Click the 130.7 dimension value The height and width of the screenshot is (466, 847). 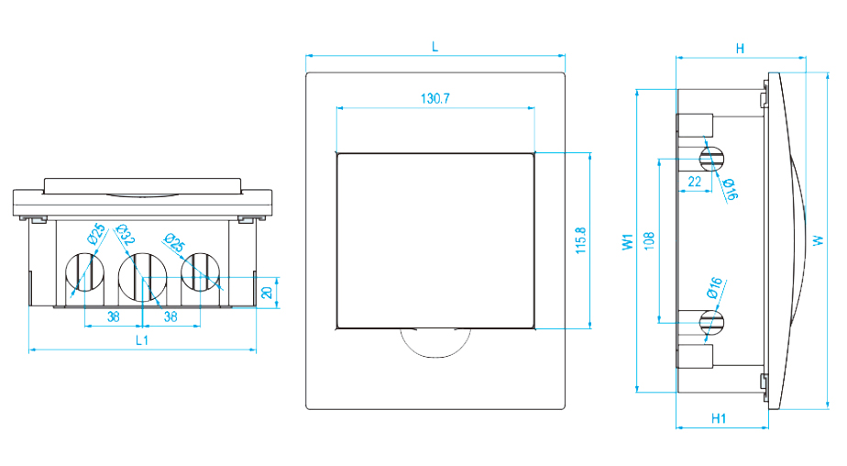click(x=434, y=98)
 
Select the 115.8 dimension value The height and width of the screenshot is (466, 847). click(x=580, y=240)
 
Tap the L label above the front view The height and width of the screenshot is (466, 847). click(x=434, y=47)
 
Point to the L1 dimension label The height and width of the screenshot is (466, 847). click(x=141, y=340)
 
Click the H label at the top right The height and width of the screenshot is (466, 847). click(x=740, y=49)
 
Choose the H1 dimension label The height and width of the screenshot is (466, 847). click(x=719, y=418)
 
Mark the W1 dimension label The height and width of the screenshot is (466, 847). click(x=627, y=241)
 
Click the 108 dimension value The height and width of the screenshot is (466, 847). click(x=649, y=240)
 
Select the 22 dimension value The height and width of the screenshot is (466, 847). click(x=694, y=182)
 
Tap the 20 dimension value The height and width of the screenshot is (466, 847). click(x=267, y=293)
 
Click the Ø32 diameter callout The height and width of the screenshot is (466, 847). click(x=126, y=235)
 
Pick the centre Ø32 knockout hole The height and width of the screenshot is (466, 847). click(x=143, y=277)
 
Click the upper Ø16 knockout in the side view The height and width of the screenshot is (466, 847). click(x=711, y=159)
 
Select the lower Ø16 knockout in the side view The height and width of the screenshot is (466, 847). click(x=711, y=323)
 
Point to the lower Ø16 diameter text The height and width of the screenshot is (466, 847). click(x=714, y=288)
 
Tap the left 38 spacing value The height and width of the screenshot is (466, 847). click(x=113, y=316)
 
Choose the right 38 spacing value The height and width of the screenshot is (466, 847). click(x=170, y=316)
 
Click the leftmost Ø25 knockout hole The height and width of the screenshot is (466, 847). click(x=85, y=272)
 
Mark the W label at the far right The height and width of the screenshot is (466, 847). click(x=819, y=240)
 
